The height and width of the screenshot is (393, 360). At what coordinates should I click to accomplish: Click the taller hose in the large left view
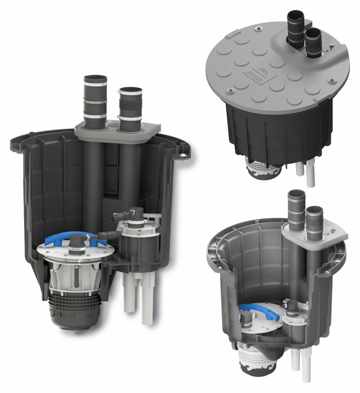[x=95, y=99]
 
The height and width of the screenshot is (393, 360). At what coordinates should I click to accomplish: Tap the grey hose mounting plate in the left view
[x=148, y=129]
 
